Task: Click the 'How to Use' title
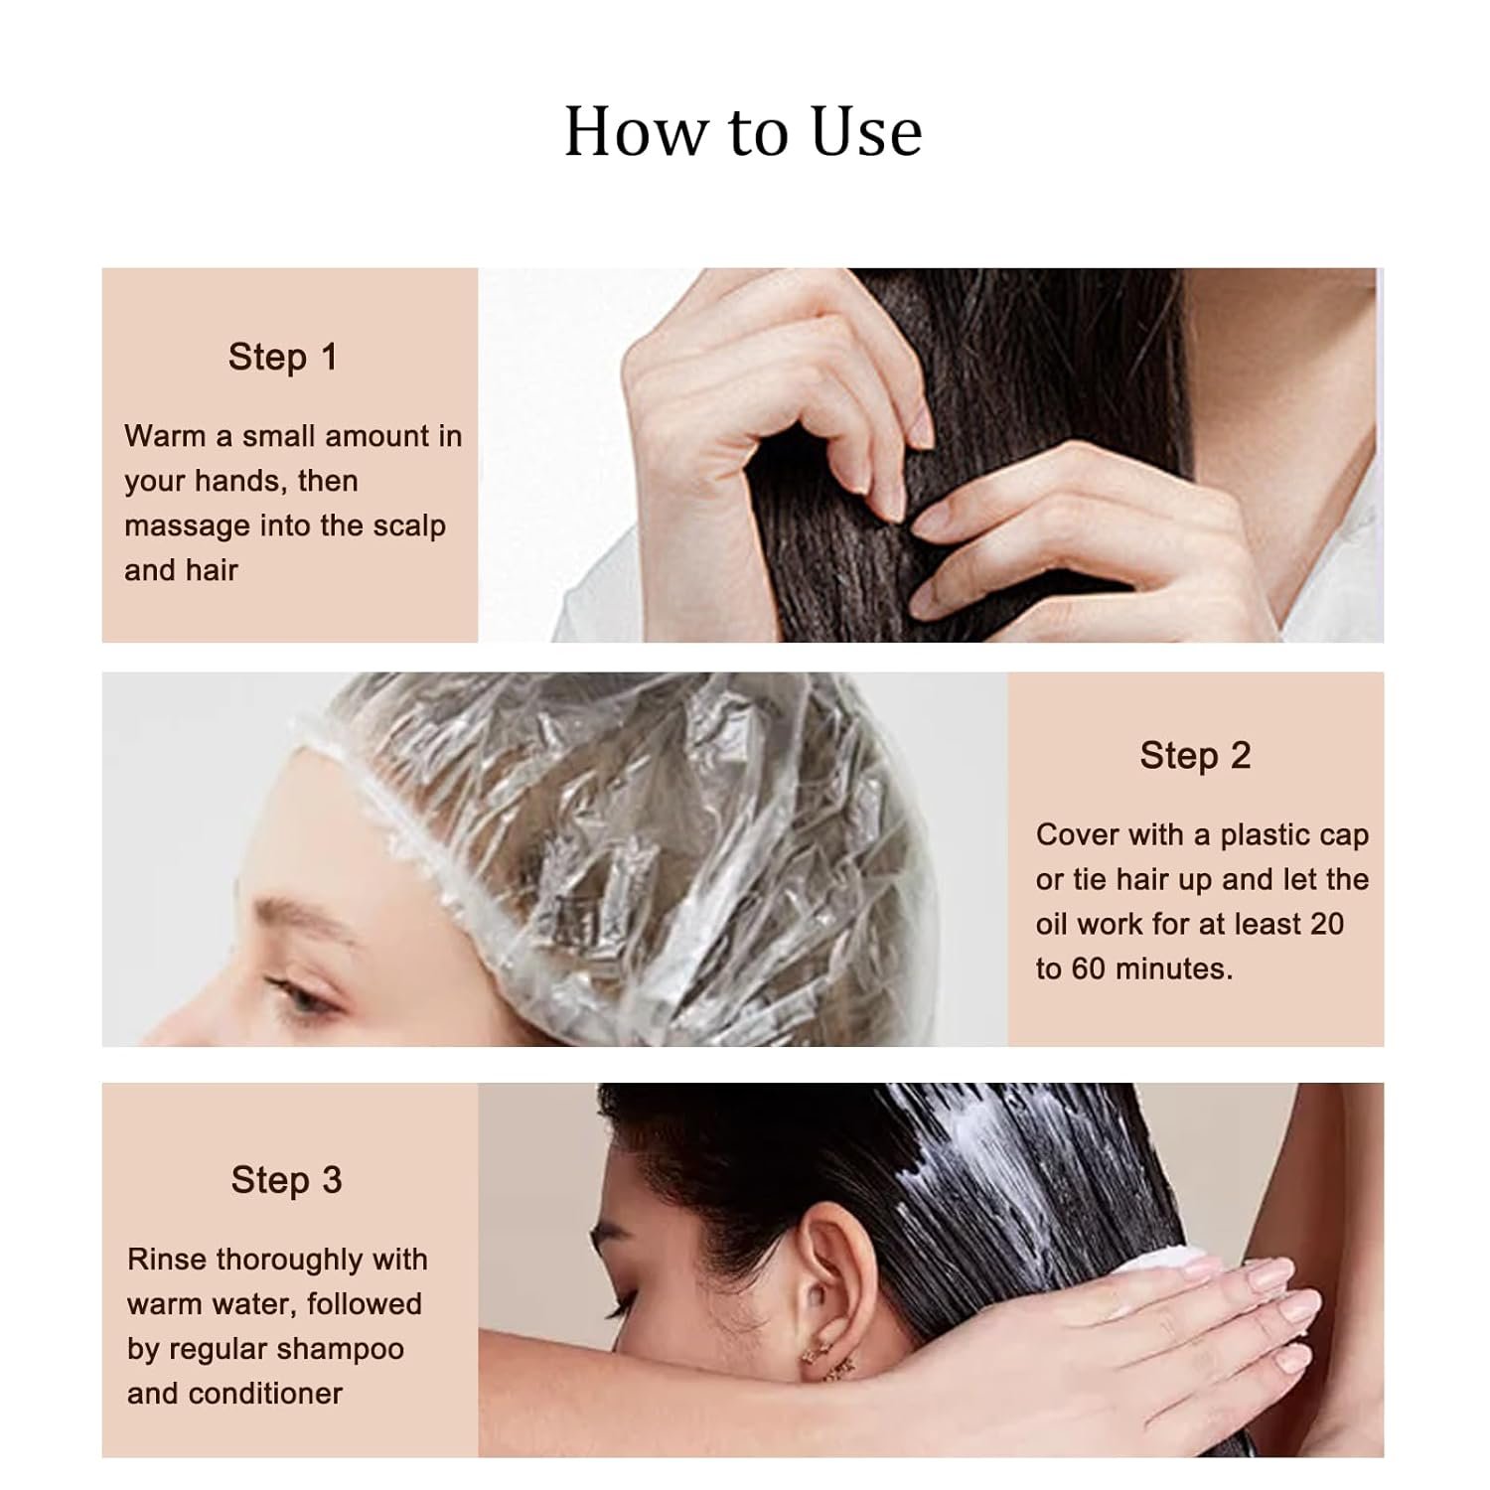(x=743, y=131)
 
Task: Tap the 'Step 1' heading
(x=283, y=358)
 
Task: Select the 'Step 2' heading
(x=1195, y=756)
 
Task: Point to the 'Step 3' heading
(x=286, y=1180)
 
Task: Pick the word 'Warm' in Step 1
(x=164, y=436)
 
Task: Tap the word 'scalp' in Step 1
(x=409, y=526)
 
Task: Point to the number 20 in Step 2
(x=1326, y=924)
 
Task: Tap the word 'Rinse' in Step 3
(x=166, y=1260)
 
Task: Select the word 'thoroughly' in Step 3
(x=289, y=1261)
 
